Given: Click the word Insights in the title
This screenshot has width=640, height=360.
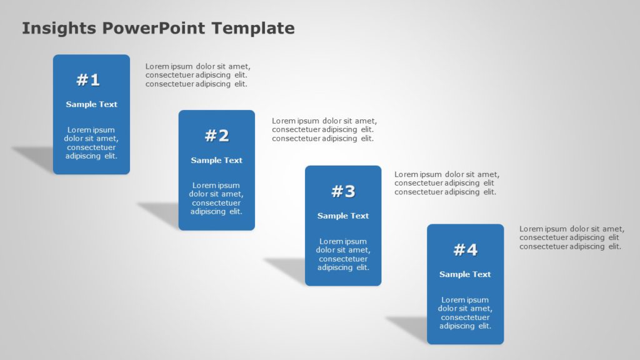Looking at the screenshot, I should click(x=59, y=28).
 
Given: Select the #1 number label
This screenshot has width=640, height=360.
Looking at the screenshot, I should click(x=88, y=80).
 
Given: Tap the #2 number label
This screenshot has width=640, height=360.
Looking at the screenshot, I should click(x=217, y=136).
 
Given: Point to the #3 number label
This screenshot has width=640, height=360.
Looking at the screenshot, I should click(x=343, y=191).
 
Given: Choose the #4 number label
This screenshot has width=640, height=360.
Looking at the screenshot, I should click(x=465, y=250).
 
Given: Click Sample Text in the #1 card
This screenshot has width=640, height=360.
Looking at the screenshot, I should click(x=91, y=104).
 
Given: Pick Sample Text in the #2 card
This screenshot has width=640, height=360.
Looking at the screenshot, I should click(x=216, y=161).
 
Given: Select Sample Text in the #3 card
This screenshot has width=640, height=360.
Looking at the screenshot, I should click(x=343, y=216).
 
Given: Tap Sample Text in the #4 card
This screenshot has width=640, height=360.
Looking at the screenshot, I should click(x=465, y=274).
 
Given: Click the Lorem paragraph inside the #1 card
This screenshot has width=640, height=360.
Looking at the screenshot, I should click(x=91, y=143).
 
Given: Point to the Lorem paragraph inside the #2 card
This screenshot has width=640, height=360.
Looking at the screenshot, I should click(x=216, y=198).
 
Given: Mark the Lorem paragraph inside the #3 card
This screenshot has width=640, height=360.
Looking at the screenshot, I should click(x=343, y=254).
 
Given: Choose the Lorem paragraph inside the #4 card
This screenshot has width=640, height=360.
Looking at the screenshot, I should click(x=465, y=312).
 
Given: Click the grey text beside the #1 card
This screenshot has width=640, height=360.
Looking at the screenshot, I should click(x=197, y=75).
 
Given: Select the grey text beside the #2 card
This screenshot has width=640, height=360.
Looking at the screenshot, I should click(x=324, y=130).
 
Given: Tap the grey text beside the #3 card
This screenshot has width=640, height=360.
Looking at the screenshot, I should click(x=446, y=184).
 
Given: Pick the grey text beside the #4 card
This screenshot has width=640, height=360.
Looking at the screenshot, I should click(x=571, y=237).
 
